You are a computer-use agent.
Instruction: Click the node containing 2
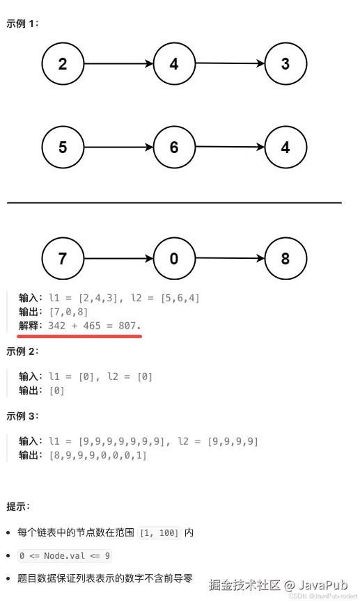coord(63,65)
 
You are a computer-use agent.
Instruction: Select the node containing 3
coord(285,65)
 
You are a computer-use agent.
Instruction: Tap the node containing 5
coord(63,148)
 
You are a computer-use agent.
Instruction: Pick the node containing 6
coord(173,148)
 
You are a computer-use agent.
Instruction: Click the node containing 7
coord(63,260)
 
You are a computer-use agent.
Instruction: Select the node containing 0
coord(173,260)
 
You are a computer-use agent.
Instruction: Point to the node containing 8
coord(285,260)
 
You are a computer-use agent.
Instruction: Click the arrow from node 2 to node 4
coord(118,64)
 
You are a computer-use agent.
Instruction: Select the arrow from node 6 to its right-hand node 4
coord(230,148)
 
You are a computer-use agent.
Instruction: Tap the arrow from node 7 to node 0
coord(118,260)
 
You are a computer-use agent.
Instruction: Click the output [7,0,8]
coord(66,311)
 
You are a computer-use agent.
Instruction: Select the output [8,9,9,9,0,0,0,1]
coord(97,455)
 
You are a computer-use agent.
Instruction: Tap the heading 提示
coord(19,506)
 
